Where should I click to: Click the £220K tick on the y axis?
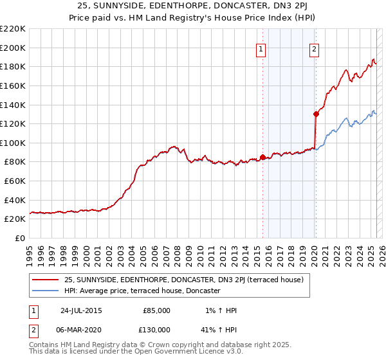click(13, 29)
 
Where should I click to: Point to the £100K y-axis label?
click(13, 143)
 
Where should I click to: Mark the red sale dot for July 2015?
click(262, 157)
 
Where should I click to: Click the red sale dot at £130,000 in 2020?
click(316, 114)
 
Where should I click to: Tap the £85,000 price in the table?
click(156, 310)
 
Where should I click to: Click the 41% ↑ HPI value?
click(219, 330)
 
